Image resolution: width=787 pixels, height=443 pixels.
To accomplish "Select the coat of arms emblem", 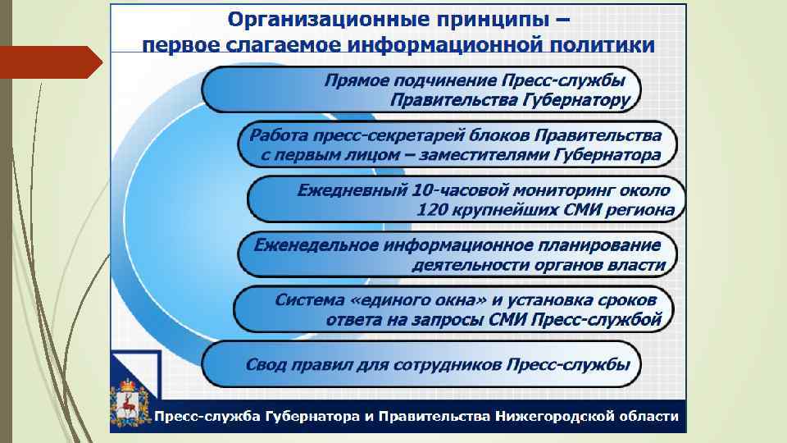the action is [130, 403].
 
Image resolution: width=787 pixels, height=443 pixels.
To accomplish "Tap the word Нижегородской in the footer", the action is [557, 416].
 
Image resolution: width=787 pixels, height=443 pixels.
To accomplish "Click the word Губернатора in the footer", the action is [312, 416].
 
